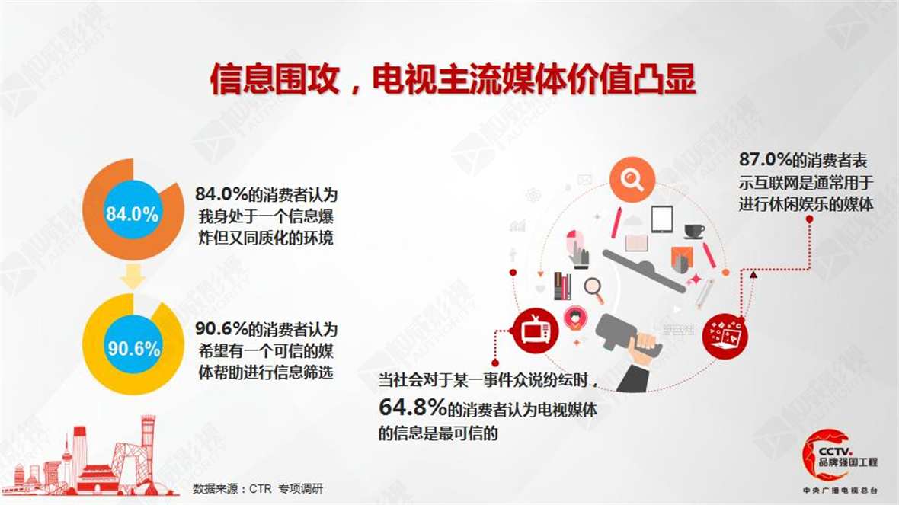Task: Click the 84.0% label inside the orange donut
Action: [x=133, y=214]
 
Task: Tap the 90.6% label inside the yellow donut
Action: [x=134, y=348]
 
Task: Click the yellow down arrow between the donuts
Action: [x=133, y=276]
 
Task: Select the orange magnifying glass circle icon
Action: [x=632, y=180]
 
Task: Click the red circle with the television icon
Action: [x=536, y=331]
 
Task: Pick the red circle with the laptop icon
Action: [x=725, y=336]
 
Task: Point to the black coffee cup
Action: [x=694, y=231]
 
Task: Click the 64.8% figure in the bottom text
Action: [x=413, y=407]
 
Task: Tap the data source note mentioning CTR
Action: [x=258, y=488]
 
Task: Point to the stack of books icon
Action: [x=562, y=286]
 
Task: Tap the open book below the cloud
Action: [x=636, y=243]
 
